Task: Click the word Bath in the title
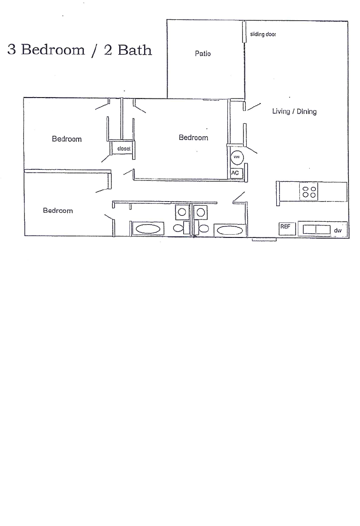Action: pyautogui.click(x=135, y=50)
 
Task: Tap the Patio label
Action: pyautogui.click(x=203, y=54)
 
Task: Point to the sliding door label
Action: pyautogui.click(x=263, y=35)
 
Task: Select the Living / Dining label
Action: pyautogui.click(x=294, y=111)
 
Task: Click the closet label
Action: pyautogui.click(x=124, y=149)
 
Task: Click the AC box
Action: pyautogui.click(x=236, y=173)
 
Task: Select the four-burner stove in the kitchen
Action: pyautogui.click(x=308, y=191)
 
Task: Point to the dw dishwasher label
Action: pyautogui.click(x=338, y=229)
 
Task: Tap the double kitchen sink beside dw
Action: pyautogui.click(x=316, y=229)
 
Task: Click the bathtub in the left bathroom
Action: pyautogui.click(x=148, y=229)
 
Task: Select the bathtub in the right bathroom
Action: pyautogui.click(x=230, y=230)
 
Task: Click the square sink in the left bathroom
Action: pyautogui.click(x=181, y=212)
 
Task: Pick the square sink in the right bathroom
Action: pyautogui.click(x=201, y=212)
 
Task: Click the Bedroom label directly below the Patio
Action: pyautogui.click(x=193, y=138)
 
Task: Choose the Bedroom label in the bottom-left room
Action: pyautogui.click(x=58, y=211)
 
